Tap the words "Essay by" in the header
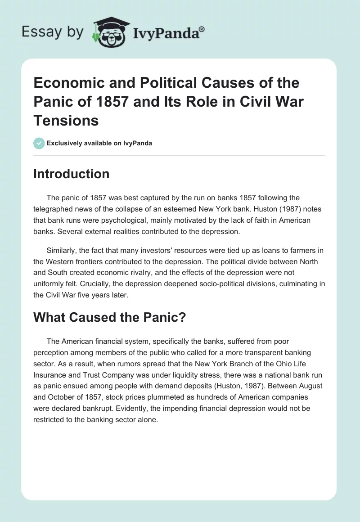(53, 32)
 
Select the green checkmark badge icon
(39, 144)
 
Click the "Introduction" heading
(71, 174)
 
